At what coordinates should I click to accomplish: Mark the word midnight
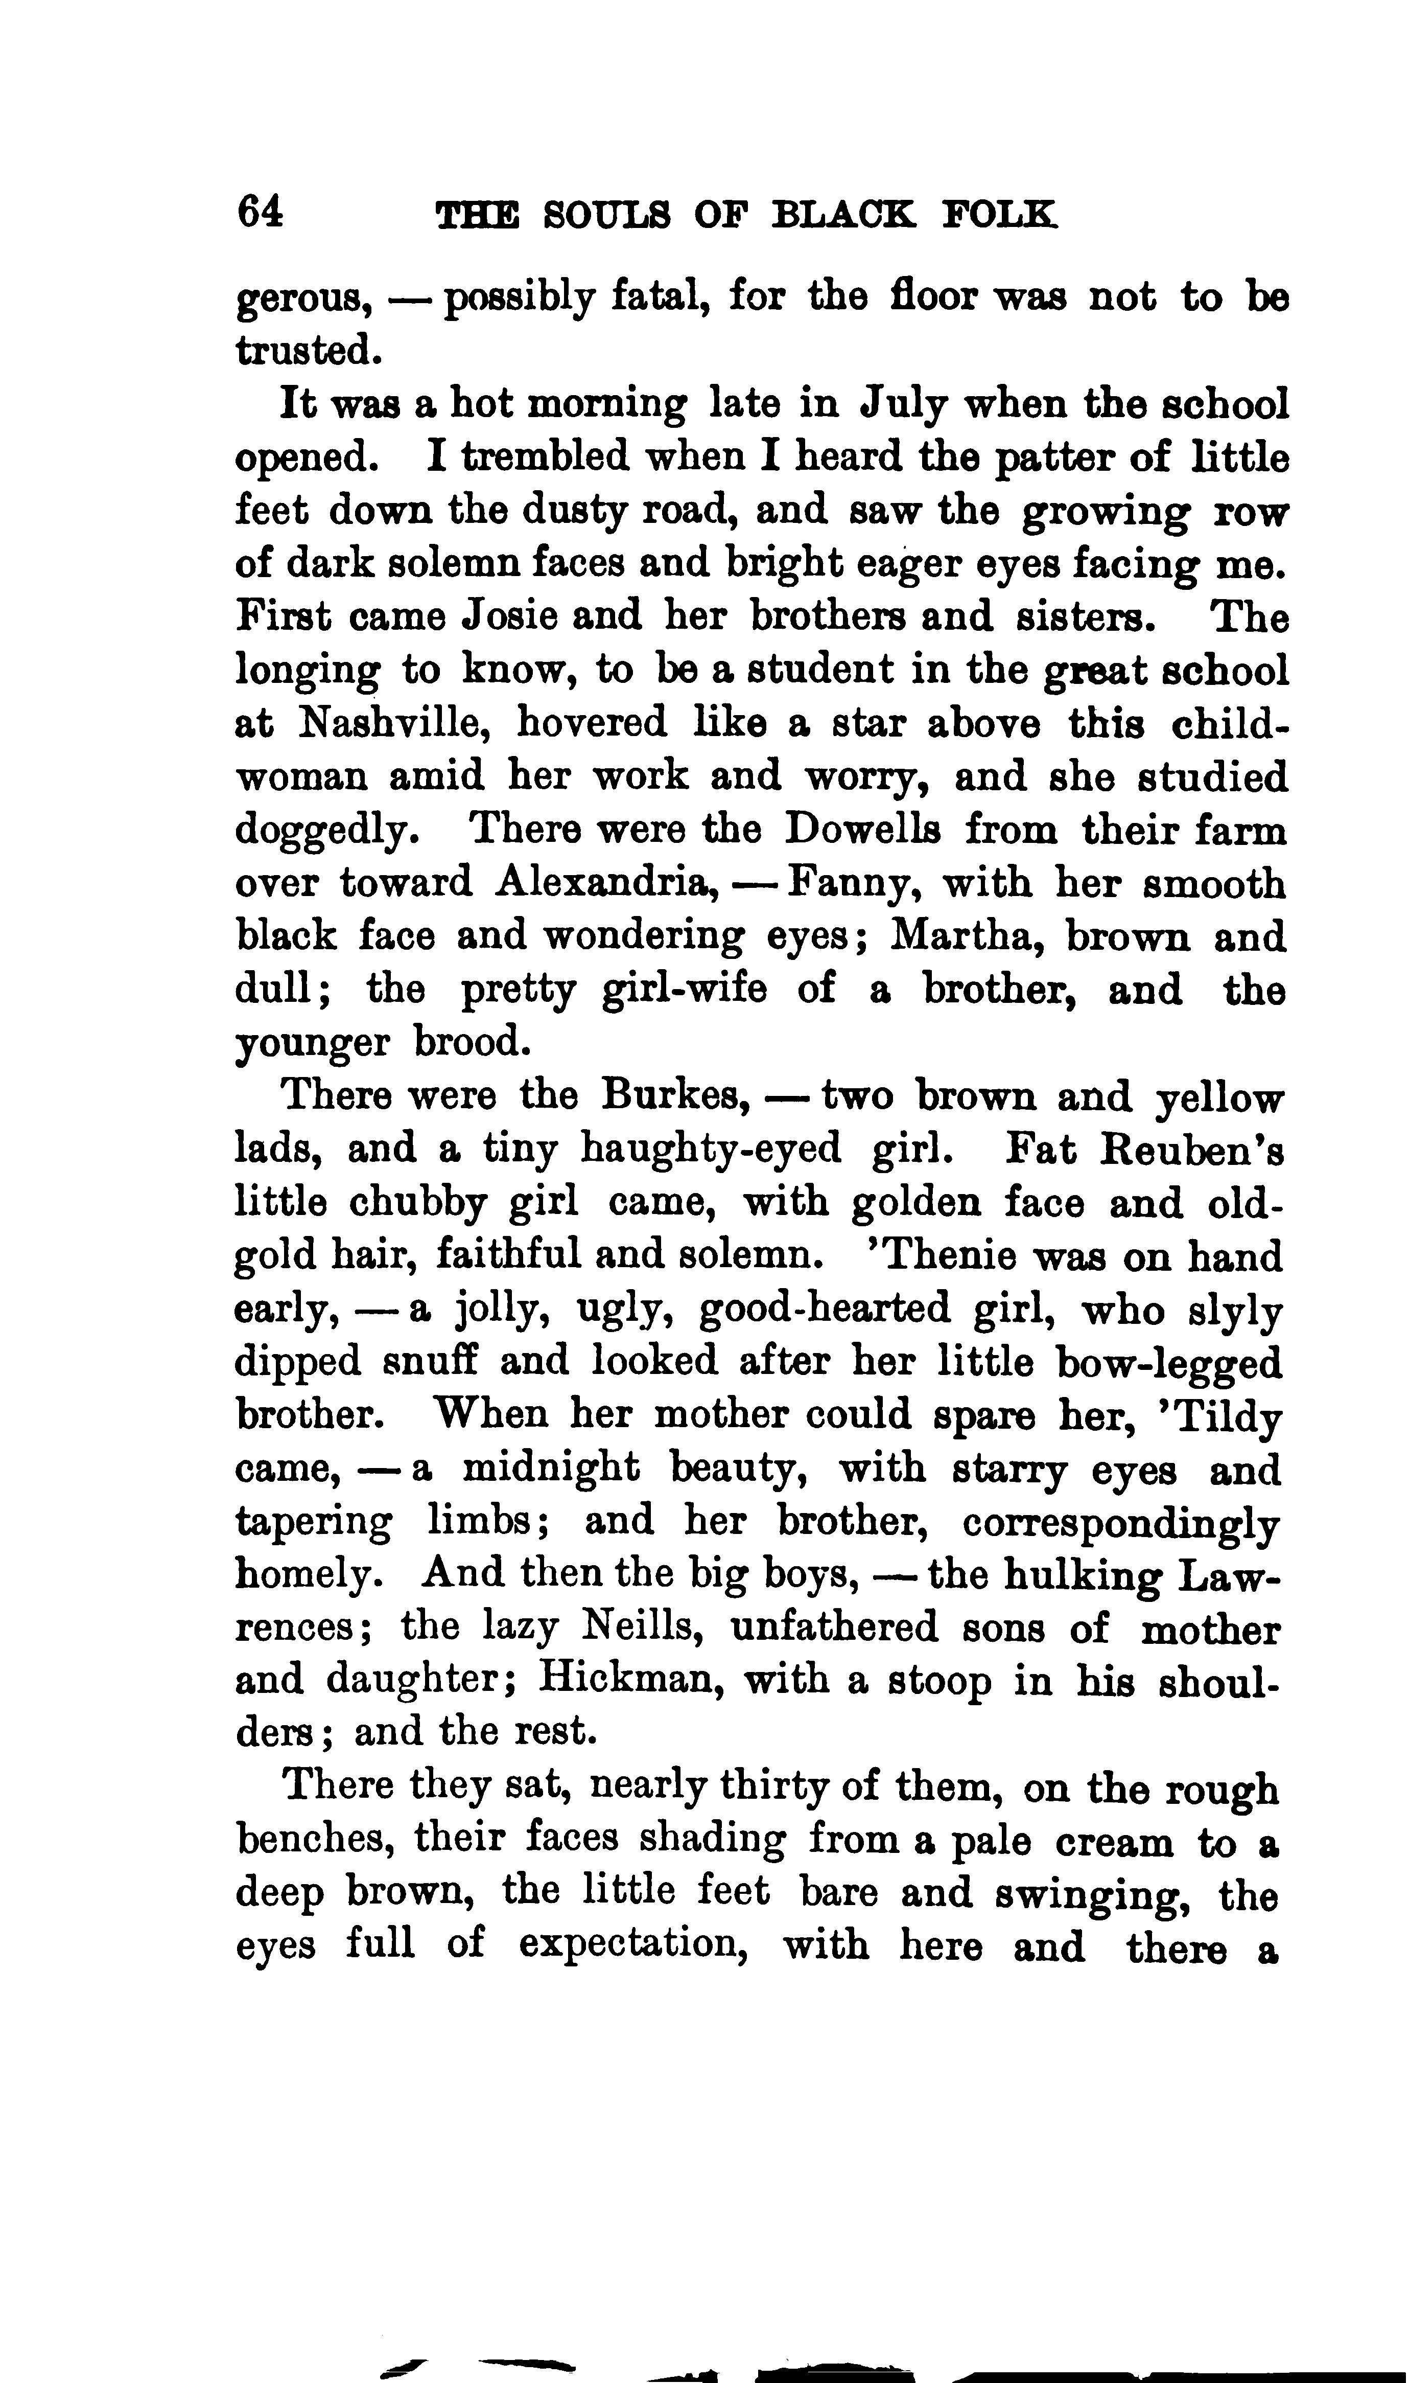point(551,1469)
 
